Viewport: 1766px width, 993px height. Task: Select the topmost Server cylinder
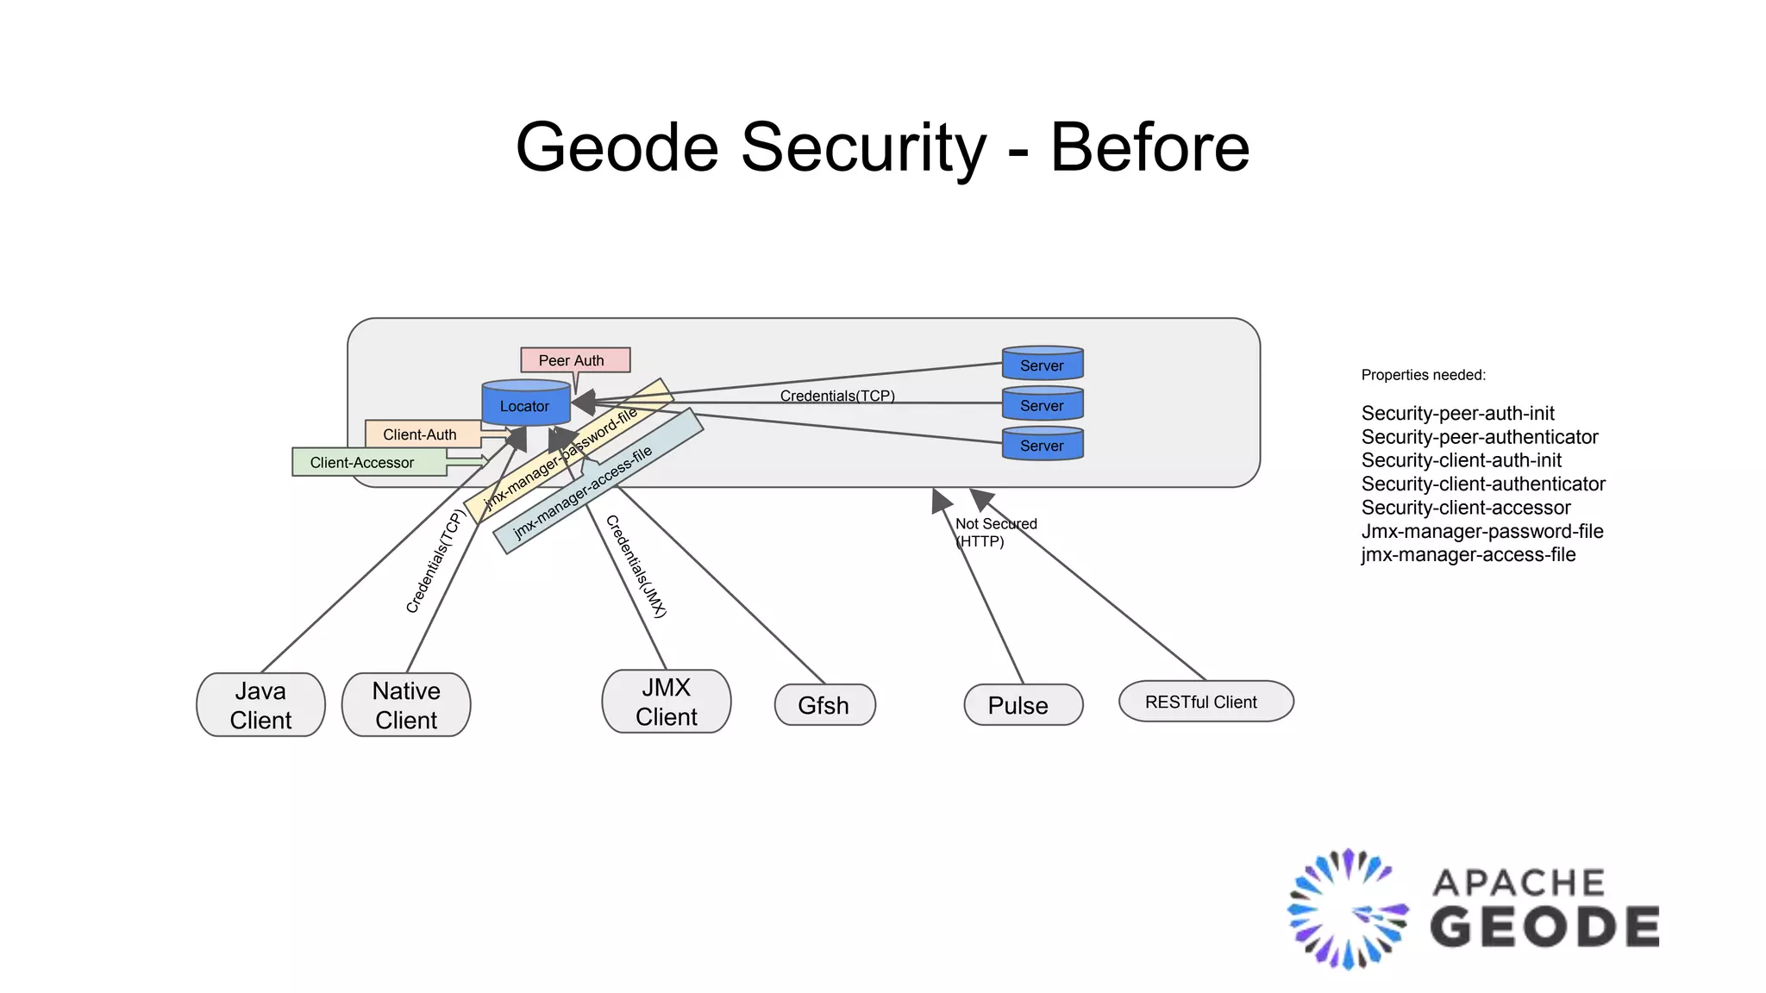[x=1043, y=365]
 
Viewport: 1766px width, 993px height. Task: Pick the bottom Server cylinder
[x=1043, y=445]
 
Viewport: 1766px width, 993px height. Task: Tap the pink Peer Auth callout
[x=574, y=360]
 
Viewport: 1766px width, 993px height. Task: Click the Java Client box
[x=260, y=705]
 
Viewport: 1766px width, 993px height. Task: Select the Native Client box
[x=406, y=705]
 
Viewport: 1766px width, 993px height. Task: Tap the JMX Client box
[x=666, y=702]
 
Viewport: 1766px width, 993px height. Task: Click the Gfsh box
[x=824, y=705]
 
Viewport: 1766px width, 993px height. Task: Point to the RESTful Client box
[x=1206, y=702]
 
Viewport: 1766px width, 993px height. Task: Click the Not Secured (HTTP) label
[x=995, y=533]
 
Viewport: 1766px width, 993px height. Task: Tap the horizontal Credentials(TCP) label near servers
[x=837, y=396]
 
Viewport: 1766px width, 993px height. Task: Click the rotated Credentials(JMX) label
[x=636, y=566]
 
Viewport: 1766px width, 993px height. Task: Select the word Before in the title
[x=1149, y=148]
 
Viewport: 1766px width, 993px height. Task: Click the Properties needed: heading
[x=1423, y=375]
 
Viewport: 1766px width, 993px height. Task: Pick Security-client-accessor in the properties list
[x=1466, y=508]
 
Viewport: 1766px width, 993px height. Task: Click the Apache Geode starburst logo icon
[x=1347, y=909]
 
